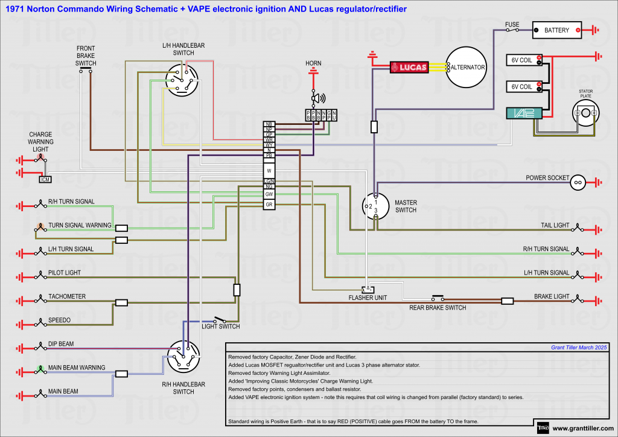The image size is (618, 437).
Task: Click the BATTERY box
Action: point(556,30)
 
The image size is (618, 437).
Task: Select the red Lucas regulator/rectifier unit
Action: point(409,67)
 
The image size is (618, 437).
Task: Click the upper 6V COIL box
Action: point(523,60)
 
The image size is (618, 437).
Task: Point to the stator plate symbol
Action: point(585,113)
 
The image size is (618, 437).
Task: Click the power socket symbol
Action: point(578,182)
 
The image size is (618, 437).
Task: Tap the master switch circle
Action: point(375,206)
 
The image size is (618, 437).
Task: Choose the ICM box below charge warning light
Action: point(45,179)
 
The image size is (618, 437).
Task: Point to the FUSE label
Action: point(512,25)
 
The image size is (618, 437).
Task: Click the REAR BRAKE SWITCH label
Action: point(438,308)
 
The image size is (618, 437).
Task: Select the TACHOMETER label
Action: point(67,296)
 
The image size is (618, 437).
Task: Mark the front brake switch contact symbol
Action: point(86,70)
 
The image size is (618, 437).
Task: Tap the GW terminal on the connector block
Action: point(269,194)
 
